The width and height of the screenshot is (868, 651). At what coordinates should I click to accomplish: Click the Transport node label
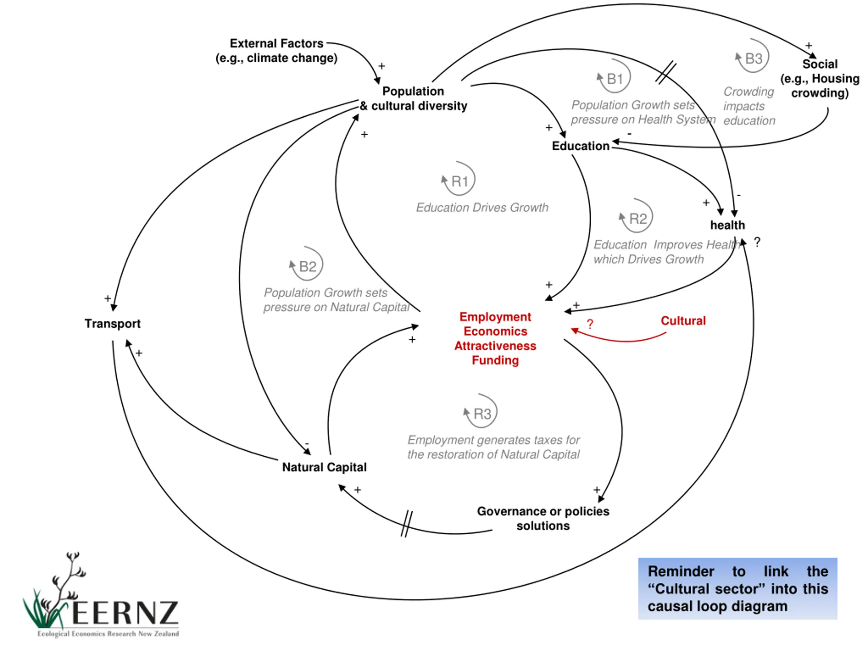[112, 324]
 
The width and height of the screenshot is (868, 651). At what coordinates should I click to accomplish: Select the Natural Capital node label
[324, 467]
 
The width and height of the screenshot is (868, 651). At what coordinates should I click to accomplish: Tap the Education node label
[580, 146]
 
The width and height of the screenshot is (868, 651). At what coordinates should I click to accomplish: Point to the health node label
[727, 225]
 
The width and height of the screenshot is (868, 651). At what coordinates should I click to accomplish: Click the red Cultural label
[683, 321]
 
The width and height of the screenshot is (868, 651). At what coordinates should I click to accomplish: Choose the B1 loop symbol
[614, 76]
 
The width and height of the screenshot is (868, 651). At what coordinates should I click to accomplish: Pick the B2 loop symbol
[307, 264]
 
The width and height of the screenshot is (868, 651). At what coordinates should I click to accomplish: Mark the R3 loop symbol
[481, 411]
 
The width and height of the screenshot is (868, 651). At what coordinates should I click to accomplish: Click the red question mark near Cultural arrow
[590, 324]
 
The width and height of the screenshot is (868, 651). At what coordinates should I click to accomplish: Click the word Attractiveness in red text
[495, 346]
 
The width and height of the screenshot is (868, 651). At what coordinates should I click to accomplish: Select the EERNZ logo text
[125, 613]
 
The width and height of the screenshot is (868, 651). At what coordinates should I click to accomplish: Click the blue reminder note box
[738, 588]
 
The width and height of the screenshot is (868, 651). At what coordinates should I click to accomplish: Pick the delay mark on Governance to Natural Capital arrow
[407, 524]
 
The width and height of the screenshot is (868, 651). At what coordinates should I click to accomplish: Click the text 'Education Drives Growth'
[482, 208]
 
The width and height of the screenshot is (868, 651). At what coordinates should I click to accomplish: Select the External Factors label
[276, 51]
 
